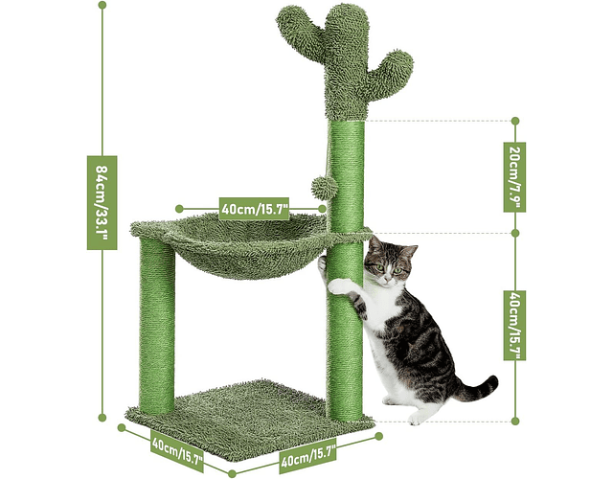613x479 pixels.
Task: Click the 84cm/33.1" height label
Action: tap(102, 202)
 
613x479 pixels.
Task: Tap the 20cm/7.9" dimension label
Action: tap(514, 177)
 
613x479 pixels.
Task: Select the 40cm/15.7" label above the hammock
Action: tap(255, 209)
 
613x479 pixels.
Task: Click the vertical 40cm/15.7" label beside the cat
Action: tap(514, 326)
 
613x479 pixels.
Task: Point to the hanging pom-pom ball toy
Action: tap(325, 188)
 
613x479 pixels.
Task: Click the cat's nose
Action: tap(387, 278)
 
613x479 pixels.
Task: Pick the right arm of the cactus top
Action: tap(392, 70)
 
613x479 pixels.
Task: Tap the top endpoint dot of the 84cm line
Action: tap(102, 5)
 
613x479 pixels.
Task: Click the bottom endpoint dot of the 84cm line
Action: tap(102, 418)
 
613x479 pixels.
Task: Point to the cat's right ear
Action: tap(411, 251)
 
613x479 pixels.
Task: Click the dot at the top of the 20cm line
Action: tap(515, 121)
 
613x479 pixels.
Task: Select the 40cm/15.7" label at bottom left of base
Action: tap(177, 450)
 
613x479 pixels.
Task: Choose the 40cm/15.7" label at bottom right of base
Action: tap(308, 457)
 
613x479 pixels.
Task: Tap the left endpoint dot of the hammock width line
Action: tap(179, 209)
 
